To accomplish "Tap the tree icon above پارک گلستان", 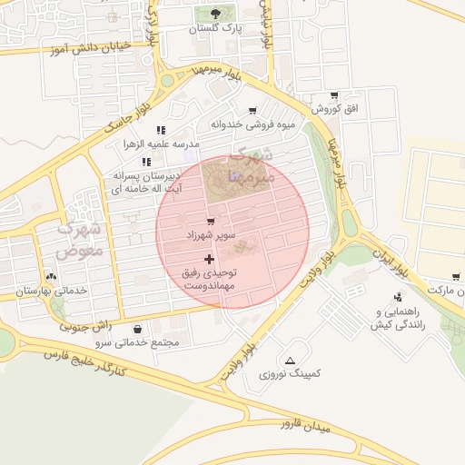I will click(215, 14).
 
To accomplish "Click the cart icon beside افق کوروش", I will click(334, 95).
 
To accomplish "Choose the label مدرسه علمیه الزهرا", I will click(161, 144).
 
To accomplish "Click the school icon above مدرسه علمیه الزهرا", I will click(161, 130).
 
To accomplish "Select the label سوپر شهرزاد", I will click(211, 235).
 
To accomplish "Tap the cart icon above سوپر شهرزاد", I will click(211, 222).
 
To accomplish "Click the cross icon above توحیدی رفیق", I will click(209, 259).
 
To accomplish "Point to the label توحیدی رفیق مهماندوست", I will click(210, 278).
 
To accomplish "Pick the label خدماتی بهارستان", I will click(51, 291).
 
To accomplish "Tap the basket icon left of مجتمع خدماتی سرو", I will click(137, 330).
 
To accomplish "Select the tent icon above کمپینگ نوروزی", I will click(290, 361).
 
